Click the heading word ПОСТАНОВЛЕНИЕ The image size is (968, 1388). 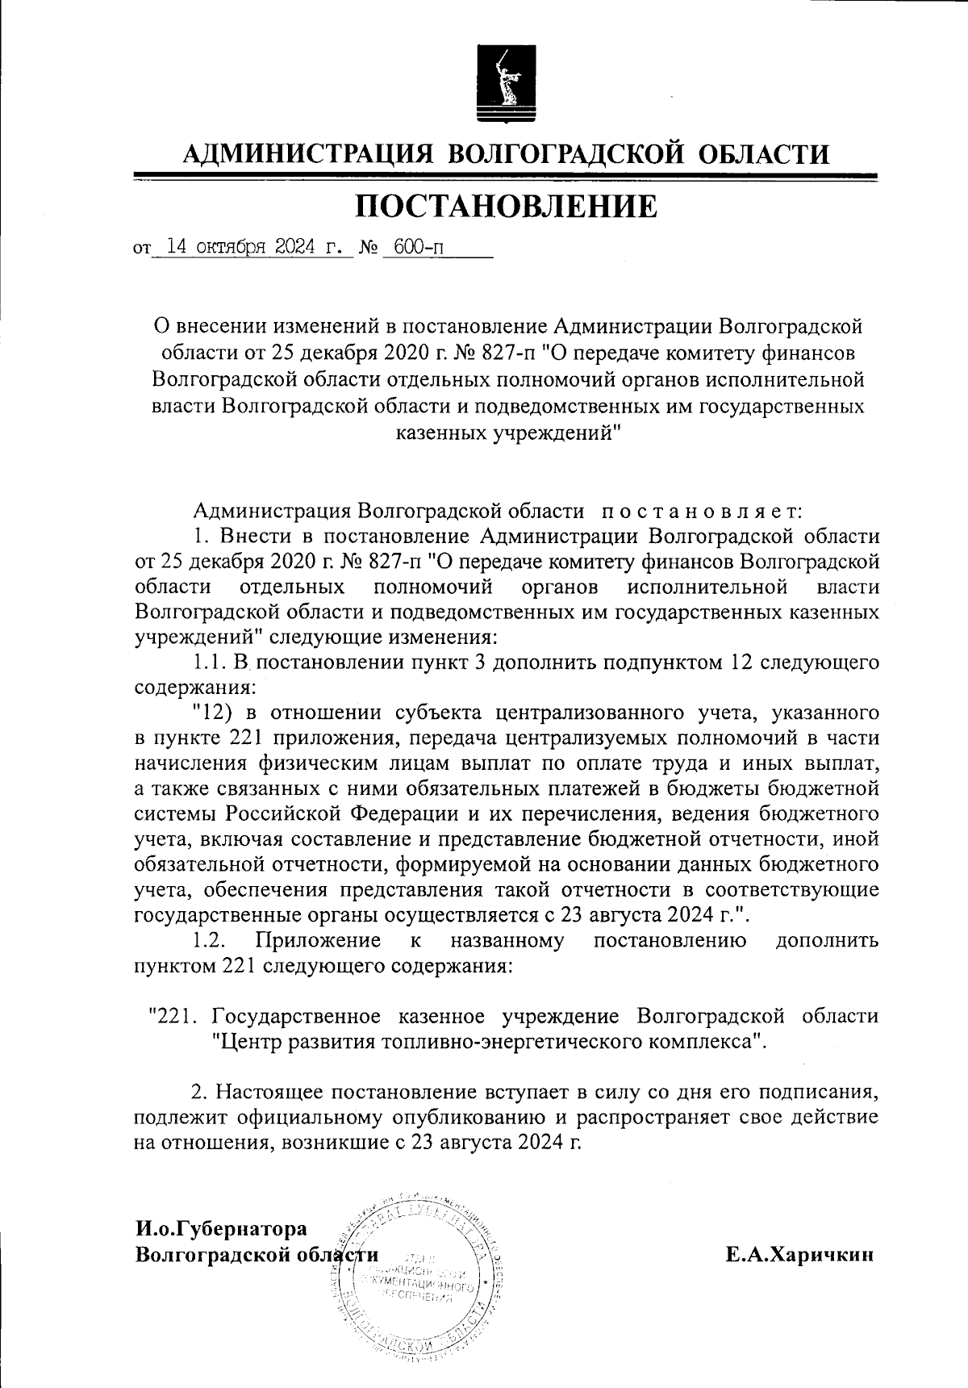tap(506, 207)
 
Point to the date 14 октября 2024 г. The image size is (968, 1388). tap(252, 247)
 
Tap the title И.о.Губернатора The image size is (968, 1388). tap(222, 1229)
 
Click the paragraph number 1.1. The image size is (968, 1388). tap(211, 663)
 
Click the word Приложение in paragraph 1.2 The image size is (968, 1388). tap(318, 940)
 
